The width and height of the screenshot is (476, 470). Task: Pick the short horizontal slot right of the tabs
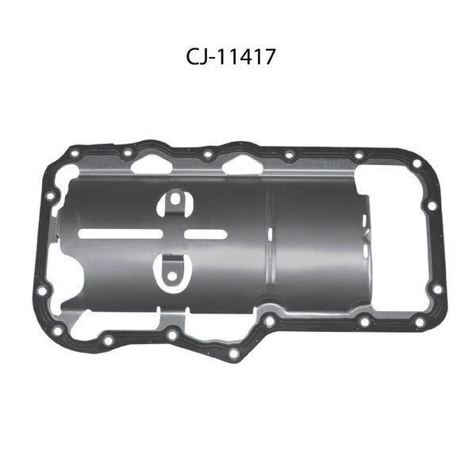tap(208, 235)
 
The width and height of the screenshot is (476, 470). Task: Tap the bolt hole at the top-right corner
tap(416, 164)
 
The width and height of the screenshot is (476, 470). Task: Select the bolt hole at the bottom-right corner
tap(419, 322)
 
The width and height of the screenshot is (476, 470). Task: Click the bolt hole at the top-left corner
tap(74, 154)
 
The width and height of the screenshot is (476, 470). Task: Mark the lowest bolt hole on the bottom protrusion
tap(233, 354)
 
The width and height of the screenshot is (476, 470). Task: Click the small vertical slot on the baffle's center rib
tap(270, 234)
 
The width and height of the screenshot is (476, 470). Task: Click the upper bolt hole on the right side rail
tap(432, 205)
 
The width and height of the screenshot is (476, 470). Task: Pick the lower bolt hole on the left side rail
tap(41, 290)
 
